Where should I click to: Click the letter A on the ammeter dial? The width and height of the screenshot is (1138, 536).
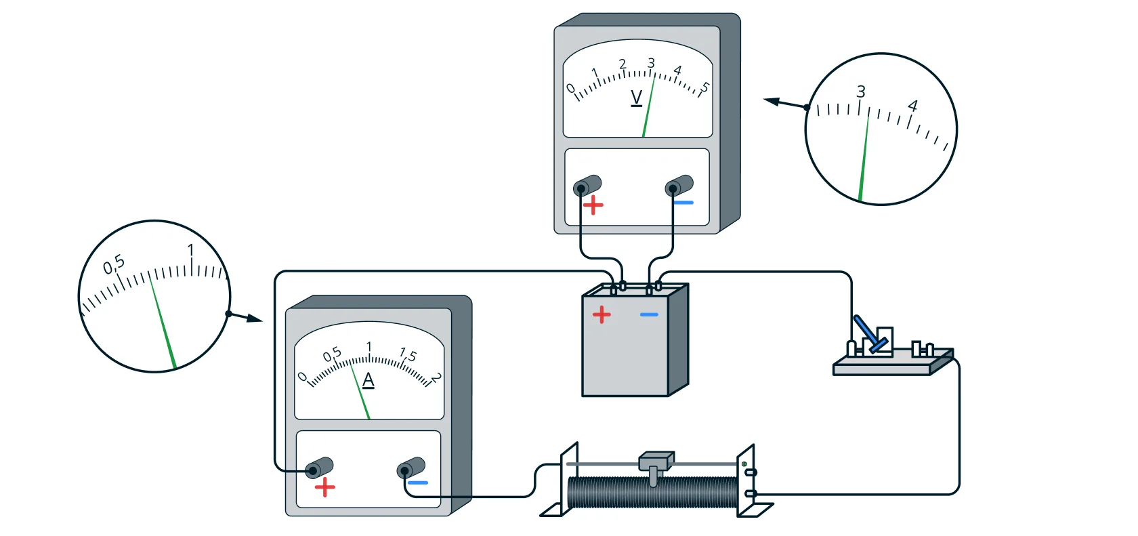[x=368, y=379]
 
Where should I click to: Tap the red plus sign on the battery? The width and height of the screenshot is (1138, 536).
[x=602, y=314]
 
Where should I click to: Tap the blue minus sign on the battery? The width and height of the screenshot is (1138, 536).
[x=649, y=314]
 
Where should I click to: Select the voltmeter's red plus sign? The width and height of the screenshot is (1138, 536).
[x=593, y=205]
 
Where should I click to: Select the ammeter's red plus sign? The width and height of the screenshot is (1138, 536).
[x=324, y=488]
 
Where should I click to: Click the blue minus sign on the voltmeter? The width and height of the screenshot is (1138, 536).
[x=683, y=203]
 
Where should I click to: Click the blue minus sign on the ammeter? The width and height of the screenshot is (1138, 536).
[x=418, y=482]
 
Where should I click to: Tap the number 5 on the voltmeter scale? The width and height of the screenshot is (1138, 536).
[x=704, y=87]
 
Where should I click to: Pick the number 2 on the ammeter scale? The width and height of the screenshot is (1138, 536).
[x=436, y=377]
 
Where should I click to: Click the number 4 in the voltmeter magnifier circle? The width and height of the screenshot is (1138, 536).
[x=912, y=106]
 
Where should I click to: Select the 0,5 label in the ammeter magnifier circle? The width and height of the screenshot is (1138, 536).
[x=114, y=264]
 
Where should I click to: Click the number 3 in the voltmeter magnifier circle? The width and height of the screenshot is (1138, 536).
[x=860, y=91]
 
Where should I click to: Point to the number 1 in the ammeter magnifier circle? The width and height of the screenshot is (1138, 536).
[x=190, y=250]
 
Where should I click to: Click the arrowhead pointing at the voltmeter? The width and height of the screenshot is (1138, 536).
[x=771, y=102]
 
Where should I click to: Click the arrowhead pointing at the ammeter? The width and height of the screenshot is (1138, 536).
[x=255, y=318]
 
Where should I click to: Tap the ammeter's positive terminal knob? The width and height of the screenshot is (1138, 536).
[x=319, y=468]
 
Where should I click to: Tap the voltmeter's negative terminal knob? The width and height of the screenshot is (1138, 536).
[x=679, y=186]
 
